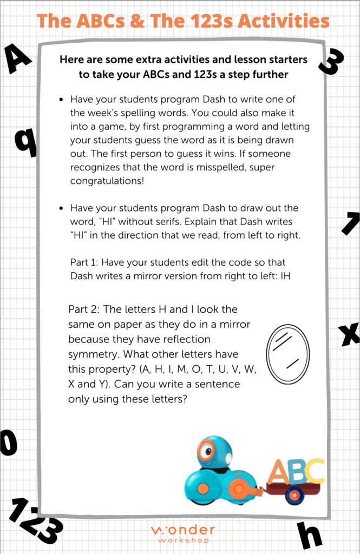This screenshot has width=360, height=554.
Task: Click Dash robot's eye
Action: tap(206, 449)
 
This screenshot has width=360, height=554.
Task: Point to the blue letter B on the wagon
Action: tap(297, 472)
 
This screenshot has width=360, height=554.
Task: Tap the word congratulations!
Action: tap(107, 181)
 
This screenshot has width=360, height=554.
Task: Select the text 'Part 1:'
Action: tap(84, 262)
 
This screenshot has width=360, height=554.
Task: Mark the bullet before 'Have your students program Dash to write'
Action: tap(62, 100)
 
